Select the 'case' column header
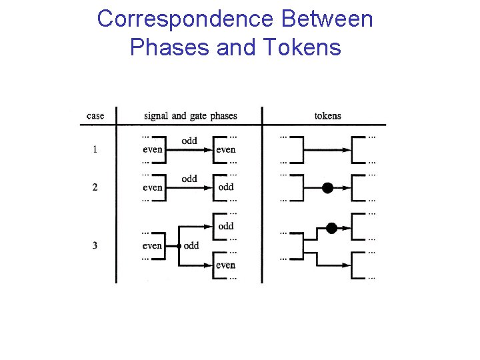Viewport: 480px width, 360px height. [95, 116]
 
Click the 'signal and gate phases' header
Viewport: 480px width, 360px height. [190, 116]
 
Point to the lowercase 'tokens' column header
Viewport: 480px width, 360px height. [327, 116]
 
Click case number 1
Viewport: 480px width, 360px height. [95, 149]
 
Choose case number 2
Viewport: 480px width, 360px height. [95, 187]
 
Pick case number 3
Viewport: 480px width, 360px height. [95, 245]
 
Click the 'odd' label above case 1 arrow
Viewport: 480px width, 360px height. [189, 141]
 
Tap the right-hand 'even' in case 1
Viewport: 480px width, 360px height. [225, 149]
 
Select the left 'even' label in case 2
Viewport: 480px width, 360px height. [152, 187]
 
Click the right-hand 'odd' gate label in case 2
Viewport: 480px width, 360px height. [226, 187]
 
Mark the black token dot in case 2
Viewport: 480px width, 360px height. [327, 188]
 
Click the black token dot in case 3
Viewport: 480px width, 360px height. [331, 227]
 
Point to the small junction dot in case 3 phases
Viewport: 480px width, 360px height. [179, 246]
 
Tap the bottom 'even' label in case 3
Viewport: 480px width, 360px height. [225, 265]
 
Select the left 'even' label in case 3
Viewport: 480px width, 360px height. [152, 246]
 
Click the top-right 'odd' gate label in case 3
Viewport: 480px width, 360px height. [226, 226]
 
